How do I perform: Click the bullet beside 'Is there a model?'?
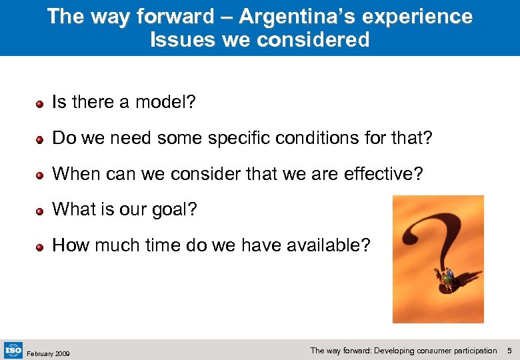[x=40, y=103]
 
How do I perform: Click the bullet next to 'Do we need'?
[x=40, y=139]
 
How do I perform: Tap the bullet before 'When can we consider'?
[x=40, y=175]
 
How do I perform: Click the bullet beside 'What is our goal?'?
[x=40, y=210]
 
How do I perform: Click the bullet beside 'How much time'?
[x=40, y=246]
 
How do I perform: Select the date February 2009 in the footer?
[x=48, y=353]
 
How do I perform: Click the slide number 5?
[x=509, y=351]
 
